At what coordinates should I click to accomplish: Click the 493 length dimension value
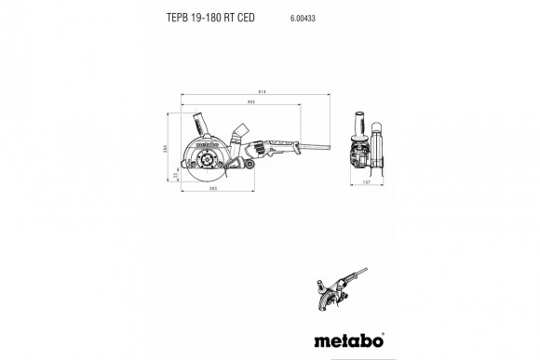point(250,100)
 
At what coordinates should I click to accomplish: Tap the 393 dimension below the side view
point(212,189)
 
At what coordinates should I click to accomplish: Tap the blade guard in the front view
point(377,149)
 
